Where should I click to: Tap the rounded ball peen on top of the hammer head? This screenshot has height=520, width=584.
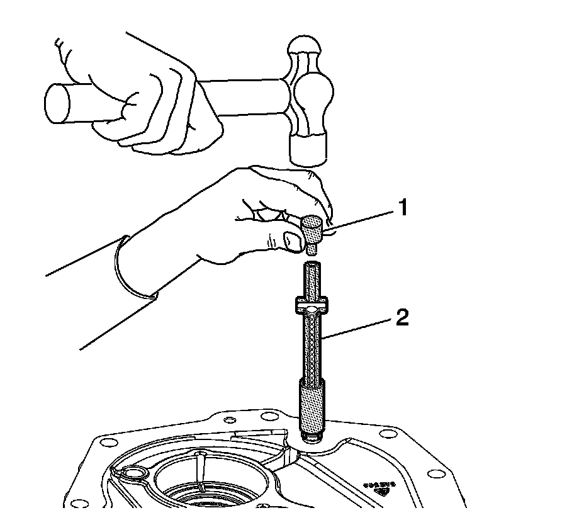tap(303, 49)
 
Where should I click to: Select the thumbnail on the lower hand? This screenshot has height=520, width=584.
tap(292, 240)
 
